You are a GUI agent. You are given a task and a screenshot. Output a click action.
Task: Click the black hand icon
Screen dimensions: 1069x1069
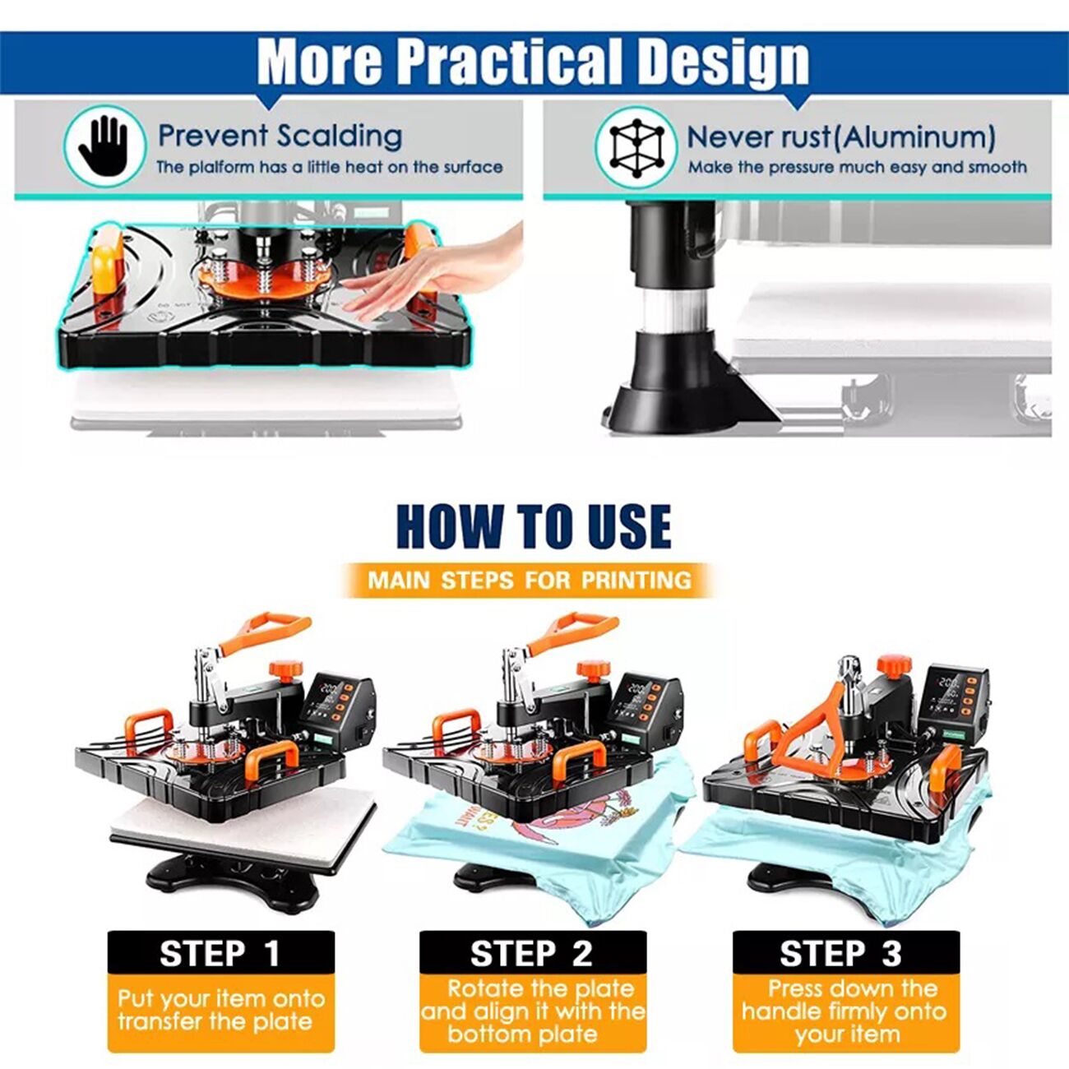point(104,146)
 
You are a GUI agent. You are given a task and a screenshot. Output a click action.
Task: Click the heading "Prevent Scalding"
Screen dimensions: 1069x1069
point(280,136)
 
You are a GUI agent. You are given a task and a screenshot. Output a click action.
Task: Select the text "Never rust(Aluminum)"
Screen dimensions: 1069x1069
point(841,137)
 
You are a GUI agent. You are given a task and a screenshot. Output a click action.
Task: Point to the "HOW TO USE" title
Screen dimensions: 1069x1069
point(534,526)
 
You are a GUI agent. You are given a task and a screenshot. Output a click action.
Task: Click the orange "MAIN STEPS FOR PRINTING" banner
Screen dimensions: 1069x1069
point(530,581)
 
